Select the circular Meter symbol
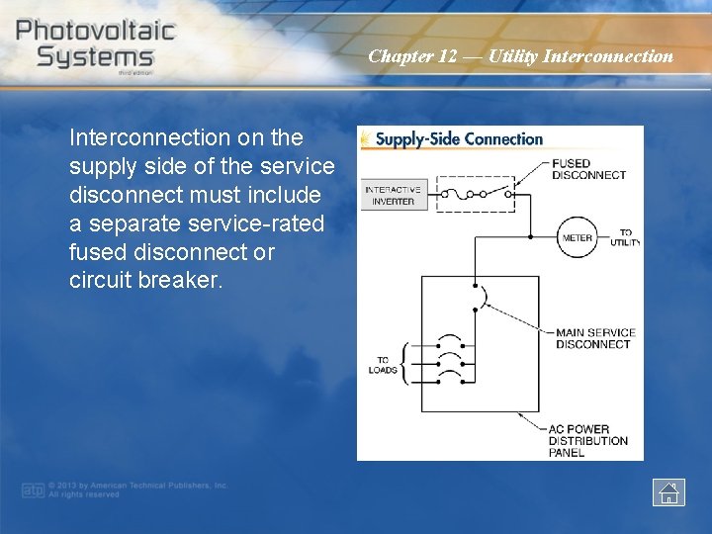pos(578,237)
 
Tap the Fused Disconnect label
pos(588,169)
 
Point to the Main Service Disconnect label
pos(595,338)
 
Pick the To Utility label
pos(625,237)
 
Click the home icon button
pos(668,491)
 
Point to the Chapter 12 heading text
pos(520,56)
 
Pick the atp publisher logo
pos(34,489)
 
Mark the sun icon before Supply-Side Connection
pos(367,139)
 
